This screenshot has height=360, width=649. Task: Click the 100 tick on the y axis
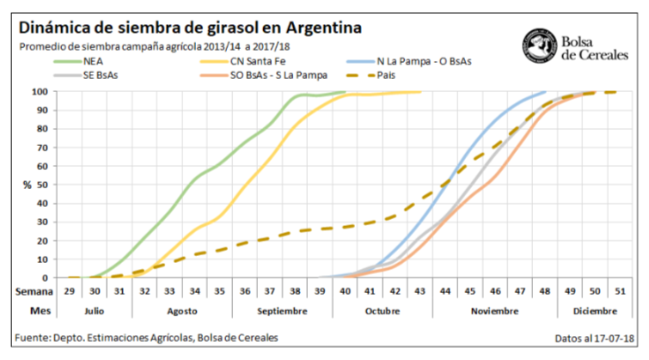(40, 92)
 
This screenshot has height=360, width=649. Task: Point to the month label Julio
(95, 308)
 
